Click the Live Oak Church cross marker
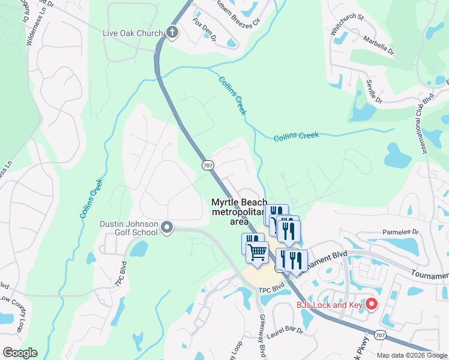(x=172, y=32)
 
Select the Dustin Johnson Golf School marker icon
(x=167, y=227)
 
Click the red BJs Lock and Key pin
(x=371, y=304)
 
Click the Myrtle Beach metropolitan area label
(x=239, y=212)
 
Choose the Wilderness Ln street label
(x=30, y=24)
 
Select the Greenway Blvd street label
(x=262, y=337)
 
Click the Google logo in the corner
(x=20, y=353)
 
